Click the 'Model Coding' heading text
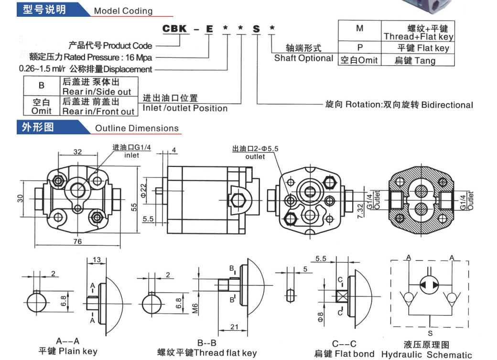(x=123, y=11)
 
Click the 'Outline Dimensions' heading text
(x=137, y=128)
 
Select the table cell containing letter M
(x=359, y=28)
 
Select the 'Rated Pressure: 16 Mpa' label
(x=90, y=57)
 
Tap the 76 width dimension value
(x=77, y=241)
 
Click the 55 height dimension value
(x=134, y=207)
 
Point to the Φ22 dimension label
(x=144, y=191)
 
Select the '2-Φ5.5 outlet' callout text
(x=255, y=153)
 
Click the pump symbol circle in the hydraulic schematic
(x=430, y=284)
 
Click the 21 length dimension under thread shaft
(x=234, y=327)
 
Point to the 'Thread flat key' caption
(x=207, y=353)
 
